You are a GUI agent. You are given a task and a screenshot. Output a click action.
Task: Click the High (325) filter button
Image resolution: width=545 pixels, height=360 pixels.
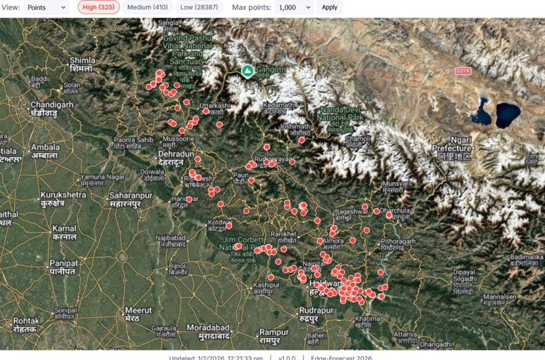pyautogui.click(x=99, y=7)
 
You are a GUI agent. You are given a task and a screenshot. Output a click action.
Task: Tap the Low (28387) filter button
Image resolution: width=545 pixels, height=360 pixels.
pyautogui.click(x=199, y=7)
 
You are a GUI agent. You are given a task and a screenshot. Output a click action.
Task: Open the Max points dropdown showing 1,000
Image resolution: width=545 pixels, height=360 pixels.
pyautogui.click(x=294, y=7)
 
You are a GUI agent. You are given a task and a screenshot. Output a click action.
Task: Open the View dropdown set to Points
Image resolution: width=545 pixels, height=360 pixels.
pyautogui.click(x=46, y=7)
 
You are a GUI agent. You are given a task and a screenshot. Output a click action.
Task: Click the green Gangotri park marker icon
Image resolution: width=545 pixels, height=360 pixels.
pyautogui.click(x=248, y=70)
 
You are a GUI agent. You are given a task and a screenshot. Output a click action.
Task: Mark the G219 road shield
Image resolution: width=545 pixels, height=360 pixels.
pyautogui.click(x=463, y=70)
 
